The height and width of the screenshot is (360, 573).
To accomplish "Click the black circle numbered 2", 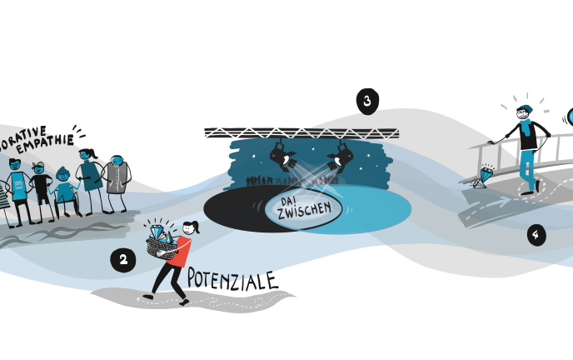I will coord(123,261).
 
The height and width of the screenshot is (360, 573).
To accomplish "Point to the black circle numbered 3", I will coord(366,102).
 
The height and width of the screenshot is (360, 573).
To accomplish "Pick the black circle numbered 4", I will coord(536,235).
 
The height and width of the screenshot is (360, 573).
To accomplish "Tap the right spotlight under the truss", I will coord(341,155).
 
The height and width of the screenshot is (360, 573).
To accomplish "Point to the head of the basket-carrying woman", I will coord(192,227).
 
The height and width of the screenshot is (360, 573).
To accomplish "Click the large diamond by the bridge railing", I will coord(485,176).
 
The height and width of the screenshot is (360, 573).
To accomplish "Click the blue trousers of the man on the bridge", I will coord(527,170).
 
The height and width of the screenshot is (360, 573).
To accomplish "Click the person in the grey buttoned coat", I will coord(117,178).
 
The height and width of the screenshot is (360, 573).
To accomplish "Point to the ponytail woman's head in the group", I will coord(88,155).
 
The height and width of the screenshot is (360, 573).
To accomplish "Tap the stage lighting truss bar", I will coord(301,132).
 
